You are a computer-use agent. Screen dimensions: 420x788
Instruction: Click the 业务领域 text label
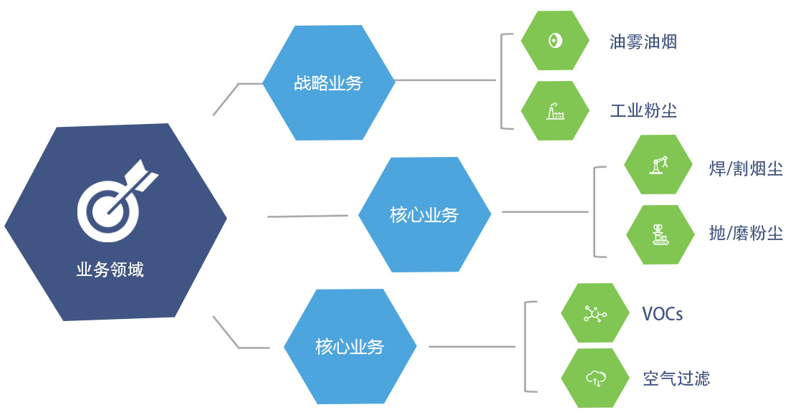pos(110,270)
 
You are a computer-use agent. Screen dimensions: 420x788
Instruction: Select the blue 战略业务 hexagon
pos(328,83)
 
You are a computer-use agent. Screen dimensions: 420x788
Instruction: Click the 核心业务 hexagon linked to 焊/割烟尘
pos(424,214)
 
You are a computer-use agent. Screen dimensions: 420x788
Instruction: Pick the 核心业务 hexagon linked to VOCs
pos(350,348)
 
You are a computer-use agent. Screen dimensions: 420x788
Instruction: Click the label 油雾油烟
pos(643,42)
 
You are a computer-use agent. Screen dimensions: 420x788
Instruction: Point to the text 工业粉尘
pos(643,111)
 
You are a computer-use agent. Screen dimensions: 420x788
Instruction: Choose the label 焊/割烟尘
pos(745,169)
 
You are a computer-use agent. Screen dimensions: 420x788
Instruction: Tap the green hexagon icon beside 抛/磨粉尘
pos(658,234)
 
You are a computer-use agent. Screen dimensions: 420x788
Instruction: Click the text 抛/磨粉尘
pos(745,234)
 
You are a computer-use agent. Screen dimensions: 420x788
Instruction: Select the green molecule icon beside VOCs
pos(594,314)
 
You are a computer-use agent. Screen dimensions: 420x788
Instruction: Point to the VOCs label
pos(662,314)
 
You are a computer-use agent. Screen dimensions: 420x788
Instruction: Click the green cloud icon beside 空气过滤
pos(594,378)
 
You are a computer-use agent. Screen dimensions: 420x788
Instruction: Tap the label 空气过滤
pos(676,378)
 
